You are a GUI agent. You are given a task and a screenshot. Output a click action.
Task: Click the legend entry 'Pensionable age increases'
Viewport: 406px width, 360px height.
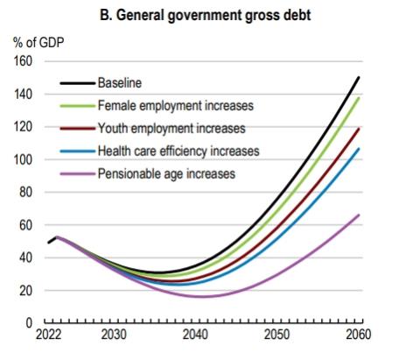(166, 173)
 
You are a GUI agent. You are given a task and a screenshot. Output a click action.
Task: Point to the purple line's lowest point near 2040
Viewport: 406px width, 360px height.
(203, 296)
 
